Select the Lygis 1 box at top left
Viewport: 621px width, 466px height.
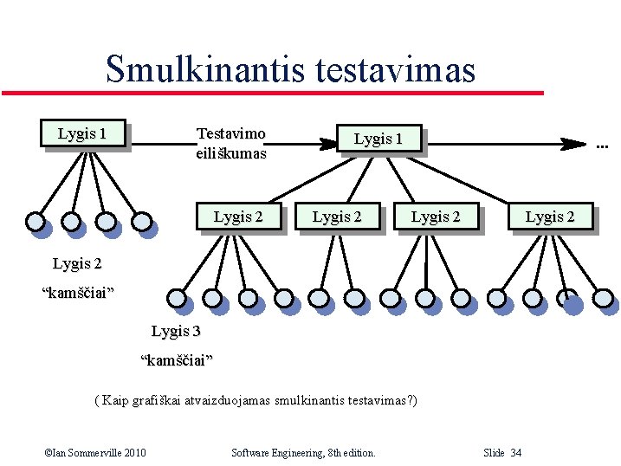coord(83,133)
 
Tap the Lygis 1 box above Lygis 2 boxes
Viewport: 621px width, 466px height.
coord(378,139)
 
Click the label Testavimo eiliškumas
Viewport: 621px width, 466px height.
coord(231,144)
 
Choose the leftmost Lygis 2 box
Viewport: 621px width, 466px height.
coord(238,217)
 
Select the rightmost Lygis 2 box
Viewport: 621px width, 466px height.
coord(550,217)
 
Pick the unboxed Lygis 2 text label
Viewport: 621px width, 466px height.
coord(77,263)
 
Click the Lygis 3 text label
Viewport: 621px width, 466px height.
coord(176,331)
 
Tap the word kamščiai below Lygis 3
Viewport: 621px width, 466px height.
coord(177,359)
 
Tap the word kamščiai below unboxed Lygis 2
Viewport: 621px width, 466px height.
coord(78,292)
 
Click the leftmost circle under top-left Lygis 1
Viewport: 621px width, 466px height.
coord(36,221)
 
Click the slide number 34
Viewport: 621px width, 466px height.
coord(516,453)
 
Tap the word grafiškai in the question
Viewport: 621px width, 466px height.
coord(158,401)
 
